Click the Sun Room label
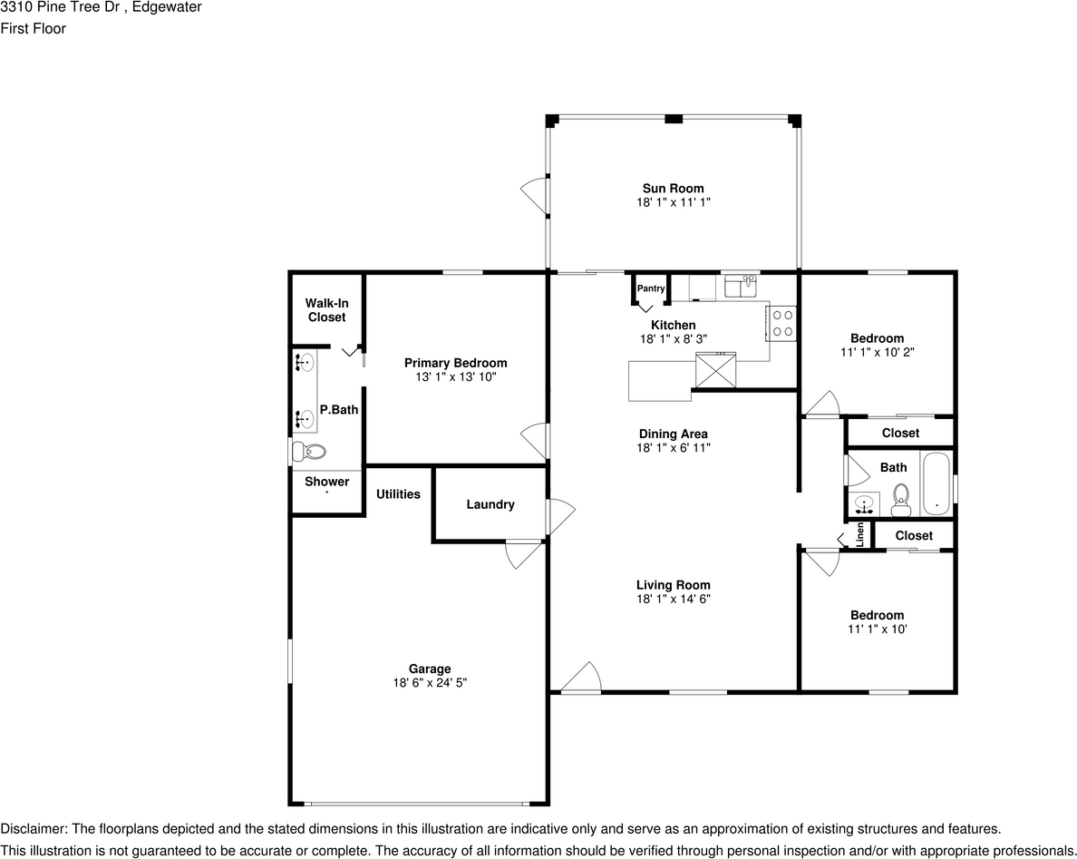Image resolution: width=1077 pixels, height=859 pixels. (x=673, y=189)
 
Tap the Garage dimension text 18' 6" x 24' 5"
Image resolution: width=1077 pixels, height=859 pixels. (x=430, y=682)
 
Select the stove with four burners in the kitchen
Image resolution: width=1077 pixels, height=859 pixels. (x=782, y=323)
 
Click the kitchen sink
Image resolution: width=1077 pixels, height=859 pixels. (x=742, y=286)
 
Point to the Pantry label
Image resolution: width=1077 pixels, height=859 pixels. (x=650, y=288)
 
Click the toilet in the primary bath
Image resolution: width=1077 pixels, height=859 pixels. (x=308, y=452)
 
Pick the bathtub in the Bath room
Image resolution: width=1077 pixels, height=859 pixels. (x=936, y=483)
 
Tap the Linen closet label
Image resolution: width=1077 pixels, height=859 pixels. (x=860, y=534)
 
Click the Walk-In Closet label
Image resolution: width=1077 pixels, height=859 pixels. (x=327, y=310)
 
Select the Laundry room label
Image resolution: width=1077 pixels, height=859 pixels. (x=490, y=504)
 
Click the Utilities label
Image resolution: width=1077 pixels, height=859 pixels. (x=398, y=494)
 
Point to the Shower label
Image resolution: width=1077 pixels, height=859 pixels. (x=327, y=482)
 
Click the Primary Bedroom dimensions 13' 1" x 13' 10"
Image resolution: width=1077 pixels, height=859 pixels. (x=456, y=376)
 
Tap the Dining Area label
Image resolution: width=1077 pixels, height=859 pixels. (x=673, y=434)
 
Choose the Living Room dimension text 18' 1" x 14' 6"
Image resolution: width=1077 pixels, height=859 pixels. (x=673, y=599)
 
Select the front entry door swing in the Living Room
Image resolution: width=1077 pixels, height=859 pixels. (x=581, y=677)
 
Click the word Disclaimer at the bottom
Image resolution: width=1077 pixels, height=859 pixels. (x=33, y=829)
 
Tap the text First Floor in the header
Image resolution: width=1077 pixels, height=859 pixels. (x=33, y=28)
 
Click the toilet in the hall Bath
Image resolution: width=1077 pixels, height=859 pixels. (x=900, y=500)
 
